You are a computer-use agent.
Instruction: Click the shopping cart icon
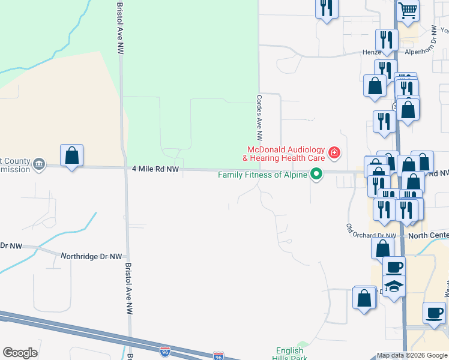[408, 11]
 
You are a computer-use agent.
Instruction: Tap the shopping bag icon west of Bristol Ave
[72, 155]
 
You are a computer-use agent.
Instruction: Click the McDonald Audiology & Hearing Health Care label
[283, 154]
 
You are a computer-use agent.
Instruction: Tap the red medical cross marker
[334, 154]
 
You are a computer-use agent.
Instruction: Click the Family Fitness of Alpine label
[262, 175]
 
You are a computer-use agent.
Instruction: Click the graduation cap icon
[394, 285]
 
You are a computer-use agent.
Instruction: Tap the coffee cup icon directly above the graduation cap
[394, 266]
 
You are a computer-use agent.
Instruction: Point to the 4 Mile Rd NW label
[155, 170]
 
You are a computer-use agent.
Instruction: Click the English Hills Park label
[291, 354]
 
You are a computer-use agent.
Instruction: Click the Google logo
[20, 353]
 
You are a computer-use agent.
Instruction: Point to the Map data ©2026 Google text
[411, 355]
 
